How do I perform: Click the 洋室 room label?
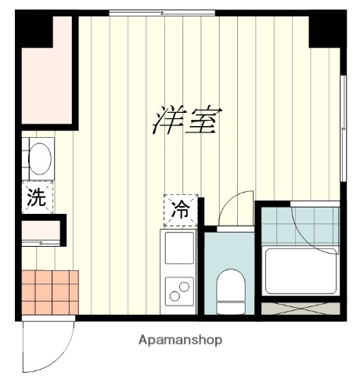(x=186, y=120)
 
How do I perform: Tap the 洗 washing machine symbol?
(x=36, y=198)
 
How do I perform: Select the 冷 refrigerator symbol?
(x=180, y=209)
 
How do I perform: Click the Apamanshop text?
(x=180, y=341)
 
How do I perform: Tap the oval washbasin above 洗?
(x=39, y=159)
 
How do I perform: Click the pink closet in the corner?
(x=44, y=78)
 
